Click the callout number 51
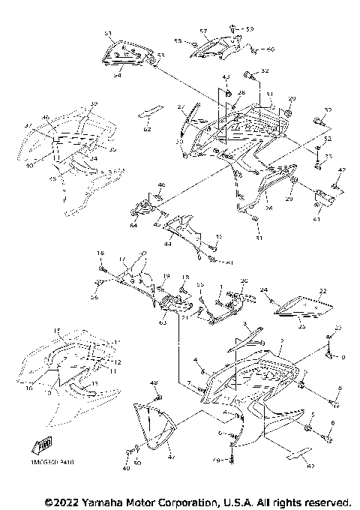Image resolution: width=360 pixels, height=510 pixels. [x=107, y=34]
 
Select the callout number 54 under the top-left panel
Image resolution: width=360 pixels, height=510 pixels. [x=116, y=76]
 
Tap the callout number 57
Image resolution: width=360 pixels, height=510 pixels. [x=203, y=31]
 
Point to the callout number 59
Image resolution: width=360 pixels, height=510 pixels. [x=250, y=29]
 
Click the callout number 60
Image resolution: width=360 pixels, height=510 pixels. [x=271, y=49]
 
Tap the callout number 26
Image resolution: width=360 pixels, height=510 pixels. [x=268, y=207]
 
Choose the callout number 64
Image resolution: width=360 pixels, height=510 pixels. [x=133, y=225]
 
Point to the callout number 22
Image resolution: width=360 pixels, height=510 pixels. [x=323, y=291]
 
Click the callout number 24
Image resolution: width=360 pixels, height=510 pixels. [x=263, y=289]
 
